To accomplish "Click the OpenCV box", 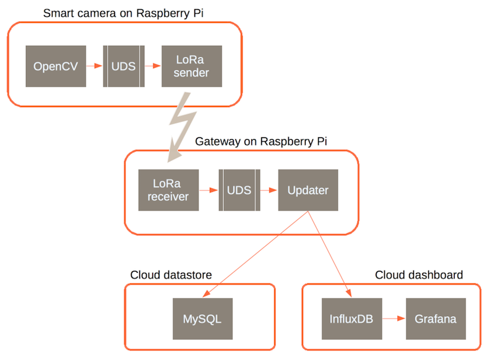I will tap(56, 66).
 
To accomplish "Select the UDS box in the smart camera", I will tap(124, 66).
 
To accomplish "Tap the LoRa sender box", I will tap(191, 66).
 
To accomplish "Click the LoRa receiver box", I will tap(168, 190).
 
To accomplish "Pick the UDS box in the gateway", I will tap(239, 190).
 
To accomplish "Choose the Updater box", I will tap(308, 190).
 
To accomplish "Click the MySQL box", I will tap(202, 319).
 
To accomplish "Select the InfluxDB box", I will tap(351, 319).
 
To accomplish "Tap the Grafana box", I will tap(436, 319).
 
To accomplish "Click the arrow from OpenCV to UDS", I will tap(94, 66).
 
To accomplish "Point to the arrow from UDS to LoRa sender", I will tap(153, 66).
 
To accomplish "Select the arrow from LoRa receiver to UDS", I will tap(209, 190).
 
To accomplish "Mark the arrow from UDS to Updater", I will tap(269, 190).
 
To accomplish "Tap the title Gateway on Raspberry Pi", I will tap(261, 141).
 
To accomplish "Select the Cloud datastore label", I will tap(171, 275).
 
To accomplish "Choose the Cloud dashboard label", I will tap(419, 275).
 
